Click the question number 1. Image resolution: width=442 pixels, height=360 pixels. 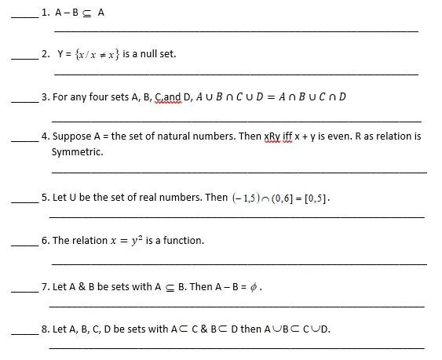tap(46, 13)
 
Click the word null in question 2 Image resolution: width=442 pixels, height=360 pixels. tap(145, 54)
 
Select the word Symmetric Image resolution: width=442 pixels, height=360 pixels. tap(77, 151)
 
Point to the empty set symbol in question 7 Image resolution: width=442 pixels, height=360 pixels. tap(253, 287)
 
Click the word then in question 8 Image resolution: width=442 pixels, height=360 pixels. tap(250, 329)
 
